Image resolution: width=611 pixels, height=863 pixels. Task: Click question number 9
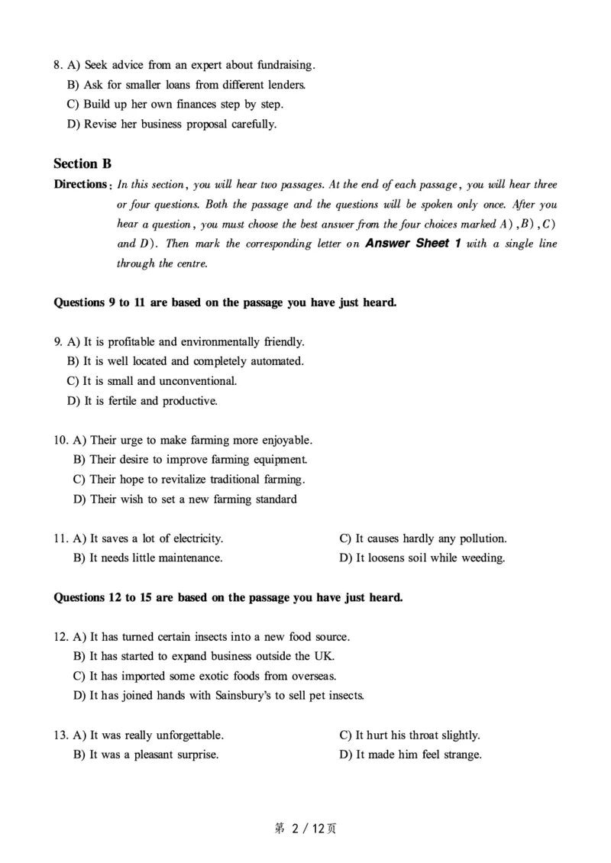click(58, 342)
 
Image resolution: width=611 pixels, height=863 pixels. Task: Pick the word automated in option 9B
click(276, 361)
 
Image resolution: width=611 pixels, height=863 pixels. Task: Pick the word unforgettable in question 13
click(189, 735)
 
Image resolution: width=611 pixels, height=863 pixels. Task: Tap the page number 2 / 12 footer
click(305, 829)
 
